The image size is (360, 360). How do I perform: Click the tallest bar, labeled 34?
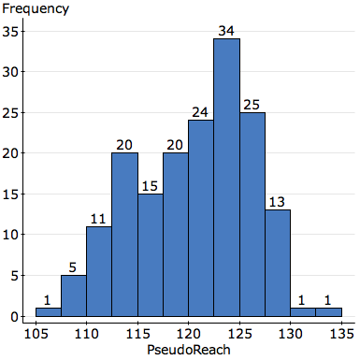click(x=226, y=178)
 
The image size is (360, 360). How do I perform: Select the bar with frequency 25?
click(x=252, y=215)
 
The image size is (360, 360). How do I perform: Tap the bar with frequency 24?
click(x=201, y=219)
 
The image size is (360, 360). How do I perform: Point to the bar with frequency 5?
click(x=74, y=295)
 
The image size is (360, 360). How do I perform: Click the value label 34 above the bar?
click(x=226, y=31)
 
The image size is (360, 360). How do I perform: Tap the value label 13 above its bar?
click(x=278, y=202)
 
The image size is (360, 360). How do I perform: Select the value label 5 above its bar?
click(x=74, y=267)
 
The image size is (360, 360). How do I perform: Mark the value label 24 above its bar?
click(x=201, y=112)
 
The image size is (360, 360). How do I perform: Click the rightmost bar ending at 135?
click(x=328, y=312)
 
